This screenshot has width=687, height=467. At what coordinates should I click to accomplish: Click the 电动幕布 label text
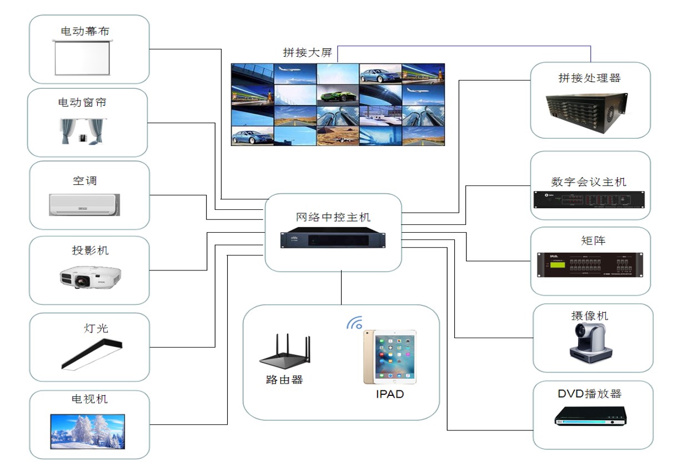pyautogui.click(x=85, y=31)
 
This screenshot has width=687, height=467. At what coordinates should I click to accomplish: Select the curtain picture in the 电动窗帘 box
pyautogui.click(x=82, y=131)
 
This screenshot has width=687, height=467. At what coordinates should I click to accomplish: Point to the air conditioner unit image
pyautogui.click(x=84, y=204)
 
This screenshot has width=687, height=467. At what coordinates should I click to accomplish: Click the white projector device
pyautogui.click(x=90, y=277)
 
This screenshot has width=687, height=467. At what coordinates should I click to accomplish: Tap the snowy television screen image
pyautogui.click(x=87, y=431)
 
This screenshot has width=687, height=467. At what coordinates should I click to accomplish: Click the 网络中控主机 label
pyautogui.click(x=333, y=217)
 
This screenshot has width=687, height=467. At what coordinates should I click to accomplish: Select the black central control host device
pyautogui.click(x=333, y=239)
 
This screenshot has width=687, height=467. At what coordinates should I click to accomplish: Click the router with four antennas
pyautogui.click(x=284, y=352)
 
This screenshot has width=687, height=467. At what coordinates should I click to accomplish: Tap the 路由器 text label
pyautogui.click(x=284, y=380)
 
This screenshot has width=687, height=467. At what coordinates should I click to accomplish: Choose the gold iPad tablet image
pyautogui.click(x=389, y=356)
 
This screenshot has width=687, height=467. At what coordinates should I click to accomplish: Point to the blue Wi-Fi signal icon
pyautogui.click(x=354, y=323)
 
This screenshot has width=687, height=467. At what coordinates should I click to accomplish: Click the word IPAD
pyautogui.click(x=389, y=394)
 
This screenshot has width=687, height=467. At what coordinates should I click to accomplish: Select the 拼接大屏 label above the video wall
pyautogui.click(x=307, y=53)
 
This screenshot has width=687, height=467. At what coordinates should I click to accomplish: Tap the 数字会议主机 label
pyautogui.click(x=589, y=182)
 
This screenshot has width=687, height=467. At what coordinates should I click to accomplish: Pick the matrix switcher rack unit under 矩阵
pyautogui.click(x=590, y=264)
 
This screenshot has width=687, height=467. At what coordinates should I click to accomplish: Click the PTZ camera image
pyautogui.click(x=590, y=341)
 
